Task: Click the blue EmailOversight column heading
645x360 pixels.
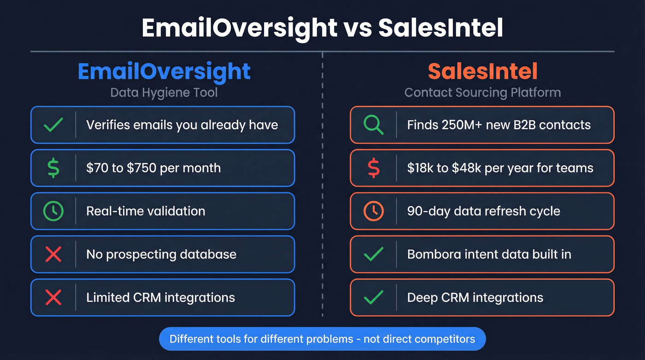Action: [164, 71]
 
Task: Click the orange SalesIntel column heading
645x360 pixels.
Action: [482, 71]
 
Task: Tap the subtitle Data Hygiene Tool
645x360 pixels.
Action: [164, 93]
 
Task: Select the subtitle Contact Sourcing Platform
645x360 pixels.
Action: [482, 93]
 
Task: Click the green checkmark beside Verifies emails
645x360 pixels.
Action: [53, 125]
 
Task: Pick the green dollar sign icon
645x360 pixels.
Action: [53, 168]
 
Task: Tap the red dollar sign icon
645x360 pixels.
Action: [374, 168]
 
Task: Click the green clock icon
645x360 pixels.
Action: [53, 211]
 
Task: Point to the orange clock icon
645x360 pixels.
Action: [374, 211]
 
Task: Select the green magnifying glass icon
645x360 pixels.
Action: [374, 125]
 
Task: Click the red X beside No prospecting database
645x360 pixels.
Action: [53, 254]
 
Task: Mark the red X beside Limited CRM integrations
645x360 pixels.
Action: [53, 298]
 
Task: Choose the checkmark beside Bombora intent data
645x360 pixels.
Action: [374, 254]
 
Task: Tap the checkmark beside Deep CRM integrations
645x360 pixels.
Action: [374, 298]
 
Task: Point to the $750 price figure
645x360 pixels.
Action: [141, 168]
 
